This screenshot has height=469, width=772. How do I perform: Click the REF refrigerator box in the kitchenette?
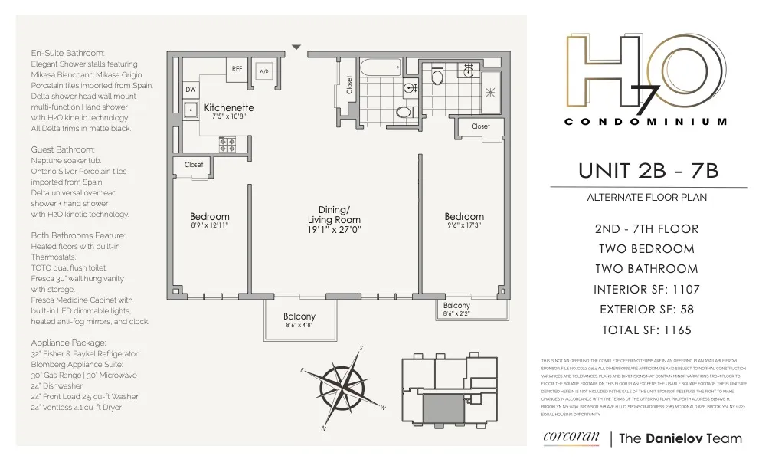click(x=237, y=69)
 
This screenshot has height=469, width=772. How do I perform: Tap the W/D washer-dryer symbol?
click(x=264, y=71)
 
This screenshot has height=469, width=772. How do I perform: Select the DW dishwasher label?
click(x=190, y=90)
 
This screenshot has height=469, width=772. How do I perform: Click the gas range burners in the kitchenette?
click(x=227, y=143)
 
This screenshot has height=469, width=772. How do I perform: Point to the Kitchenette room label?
click(x=229, y=108)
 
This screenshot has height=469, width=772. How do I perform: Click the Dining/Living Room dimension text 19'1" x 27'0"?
click(x=334, y=229)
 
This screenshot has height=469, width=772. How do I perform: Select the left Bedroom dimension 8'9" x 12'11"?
click(x=209, y=226)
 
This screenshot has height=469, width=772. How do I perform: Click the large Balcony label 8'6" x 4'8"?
click(x=299, y=321)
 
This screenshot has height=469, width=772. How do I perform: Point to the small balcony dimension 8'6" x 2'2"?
click(x=457, y=313)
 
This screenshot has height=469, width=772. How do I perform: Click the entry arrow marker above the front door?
click(x=296, y=48)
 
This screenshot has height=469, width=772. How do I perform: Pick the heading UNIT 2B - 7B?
click(x=649, y=171)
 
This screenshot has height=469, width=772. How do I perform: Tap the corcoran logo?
click(x=570, y=438)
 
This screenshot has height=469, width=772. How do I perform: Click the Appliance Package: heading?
click(x=69, y=343)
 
